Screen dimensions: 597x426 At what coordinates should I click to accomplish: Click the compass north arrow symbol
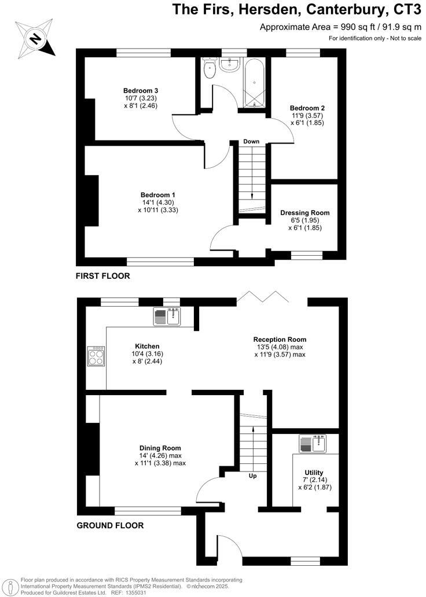coord(35,39)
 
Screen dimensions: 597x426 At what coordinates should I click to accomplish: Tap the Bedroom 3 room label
coord(141,91)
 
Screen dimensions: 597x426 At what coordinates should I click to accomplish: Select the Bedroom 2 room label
coord(307,108)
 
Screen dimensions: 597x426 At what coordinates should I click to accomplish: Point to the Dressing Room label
coord(304,212)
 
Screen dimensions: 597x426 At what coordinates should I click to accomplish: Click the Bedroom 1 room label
coord(157,195)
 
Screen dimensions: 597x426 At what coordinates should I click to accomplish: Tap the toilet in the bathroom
coord(210,70)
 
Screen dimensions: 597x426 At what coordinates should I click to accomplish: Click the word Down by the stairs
coord(251,142)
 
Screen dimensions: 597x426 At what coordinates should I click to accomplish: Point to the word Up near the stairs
coord(253,477)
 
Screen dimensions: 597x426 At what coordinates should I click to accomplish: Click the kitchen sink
coord(168,316)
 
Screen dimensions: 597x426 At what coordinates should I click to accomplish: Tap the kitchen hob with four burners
coord(96,356)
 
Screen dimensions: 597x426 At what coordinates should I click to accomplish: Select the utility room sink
coord(314,444)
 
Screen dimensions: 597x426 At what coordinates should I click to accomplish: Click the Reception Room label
coord(280,340)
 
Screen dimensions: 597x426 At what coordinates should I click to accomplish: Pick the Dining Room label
coord(160,448)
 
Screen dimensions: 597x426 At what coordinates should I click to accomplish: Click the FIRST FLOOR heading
coord(102,277)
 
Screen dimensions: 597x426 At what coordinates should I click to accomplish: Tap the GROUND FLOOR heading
coord(110,526)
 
